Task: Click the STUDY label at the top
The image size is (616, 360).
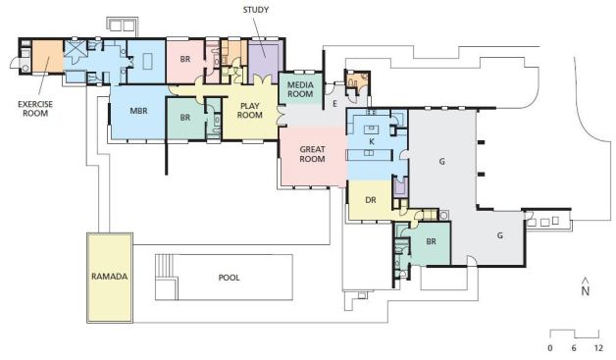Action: pyautogui.click(x=256, y=10)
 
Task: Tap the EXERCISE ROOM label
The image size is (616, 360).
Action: pyautogui.click(x=35, y=109)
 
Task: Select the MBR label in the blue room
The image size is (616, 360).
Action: pyautogui.click(x=138, y=111)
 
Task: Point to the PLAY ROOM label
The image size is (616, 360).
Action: pyautogui.click(x=250, y=111)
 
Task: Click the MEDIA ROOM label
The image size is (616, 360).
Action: pyautogui.click(x=300, y=89)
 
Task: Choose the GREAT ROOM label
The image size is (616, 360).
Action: pyautogui.click(x=312, y=154)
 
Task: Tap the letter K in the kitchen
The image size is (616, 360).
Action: pyautogui.click(x=372, y=141)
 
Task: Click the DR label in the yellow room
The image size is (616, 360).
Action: pyautogui.click(x=371, y=200)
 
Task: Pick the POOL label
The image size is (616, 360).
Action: pyautogui.click(x=229, y=278)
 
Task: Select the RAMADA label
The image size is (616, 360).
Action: pyautogui.click(x=110, y=277)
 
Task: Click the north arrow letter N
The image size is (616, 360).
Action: pyautogui.click(x=586, y=291)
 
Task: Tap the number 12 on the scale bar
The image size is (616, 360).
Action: pyautogui.click(x=598, y=348)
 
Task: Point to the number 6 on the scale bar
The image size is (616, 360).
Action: pyautogui.click(x=574, y=348)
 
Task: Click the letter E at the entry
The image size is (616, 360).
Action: pyautogui.click(x=335, y=104)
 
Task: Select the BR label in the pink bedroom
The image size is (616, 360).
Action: pyautogui.click(x=185, y=59)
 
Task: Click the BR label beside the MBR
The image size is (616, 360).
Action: pyautogui.click(x=185, y=118)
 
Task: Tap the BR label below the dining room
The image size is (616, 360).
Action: pyautogui.click(x=431, y=241)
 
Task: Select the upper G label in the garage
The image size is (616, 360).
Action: pyautogui.click(x=442, y=161)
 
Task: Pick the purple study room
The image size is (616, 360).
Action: pyautogui.click(x=265, y=61)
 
